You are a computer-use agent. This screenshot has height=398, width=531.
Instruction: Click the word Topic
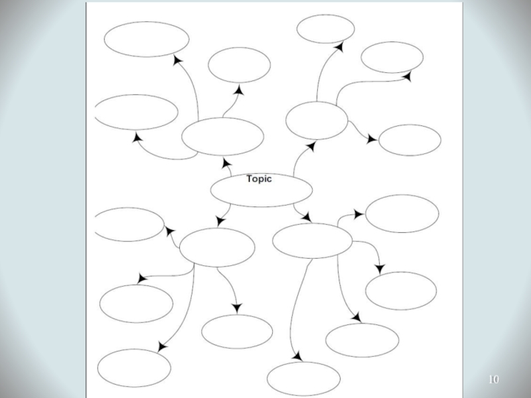click(x=259, y=178)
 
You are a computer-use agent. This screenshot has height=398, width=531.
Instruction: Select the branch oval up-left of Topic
click(x=222, y=137)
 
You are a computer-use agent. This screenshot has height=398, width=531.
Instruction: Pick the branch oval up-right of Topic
click(x=317, y=121)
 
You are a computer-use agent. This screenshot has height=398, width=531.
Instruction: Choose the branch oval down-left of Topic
click(x=217, y=247)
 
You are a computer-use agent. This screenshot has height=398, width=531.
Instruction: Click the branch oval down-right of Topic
click(x=312, y=241)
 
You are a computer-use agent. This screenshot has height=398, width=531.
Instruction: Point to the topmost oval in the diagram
click(x=325, y=29)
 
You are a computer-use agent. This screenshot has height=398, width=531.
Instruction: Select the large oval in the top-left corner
click(x=146, y=39)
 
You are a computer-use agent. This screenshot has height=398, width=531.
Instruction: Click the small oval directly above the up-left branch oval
click(x=239, y=65)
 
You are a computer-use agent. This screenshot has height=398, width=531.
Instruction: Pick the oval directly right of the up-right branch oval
click(x=410, y=140)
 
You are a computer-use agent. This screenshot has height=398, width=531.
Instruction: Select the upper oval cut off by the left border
click(x=137, y=112)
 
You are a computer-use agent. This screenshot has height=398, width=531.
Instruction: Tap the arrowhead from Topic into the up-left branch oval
click(x=226, y=164)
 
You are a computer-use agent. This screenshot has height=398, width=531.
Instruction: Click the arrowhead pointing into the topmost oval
click(x=339, y=47)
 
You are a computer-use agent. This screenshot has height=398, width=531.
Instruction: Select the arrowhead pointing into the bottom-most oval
click(x=297, y=357)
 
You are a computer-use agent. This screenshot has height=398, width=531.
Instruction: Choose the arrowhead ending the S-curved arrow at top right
click(x=407, y=77)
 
